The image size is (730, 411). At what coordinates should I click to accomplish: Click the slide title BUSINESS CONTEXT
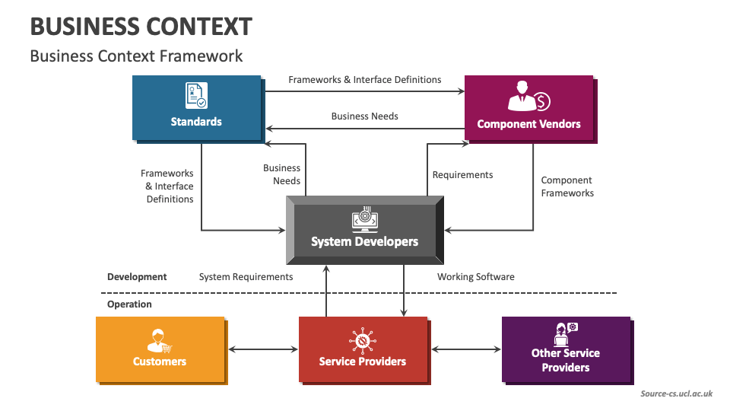point(141,27)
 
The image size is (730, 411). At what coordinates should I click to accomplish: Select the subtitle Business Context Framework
point(136,56)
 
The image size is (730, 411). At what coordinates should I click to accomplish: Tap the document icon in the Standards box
point(196,96)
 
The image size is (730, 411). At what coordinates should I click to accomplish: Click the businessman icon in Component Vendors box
point(528,97)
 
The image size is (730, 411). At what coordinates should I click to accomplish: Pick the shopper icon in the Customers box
point(160,339)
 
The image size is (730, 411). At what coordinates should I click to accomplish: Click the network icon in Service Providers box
point(362,339)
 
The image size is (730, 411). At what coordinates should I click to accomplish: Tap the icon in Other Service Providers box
point(566,333)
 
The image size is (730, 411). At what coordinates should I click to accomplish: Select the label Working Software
point(475,277)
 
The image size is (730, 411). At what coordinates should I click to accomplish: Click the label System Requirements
point(246,277)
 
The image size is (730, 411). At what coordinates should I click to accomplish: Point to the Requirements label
point(462,175)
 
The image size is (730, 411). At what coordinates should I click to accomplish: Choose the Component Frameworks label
point(567,186)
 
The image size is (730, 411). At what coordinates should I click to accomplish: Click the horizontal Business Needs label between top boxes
point(364,116)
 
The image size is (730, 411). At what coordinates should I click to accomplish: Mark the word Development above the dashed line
point(137,277)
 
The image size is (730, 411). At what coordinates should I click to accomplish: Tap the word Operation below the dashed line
point(129,304)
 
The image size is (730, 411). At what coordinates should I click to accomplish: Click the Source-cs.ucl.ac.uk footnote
point(676,393)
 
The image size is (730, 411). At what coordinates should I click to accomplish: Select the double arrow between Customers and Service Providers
point(263,349)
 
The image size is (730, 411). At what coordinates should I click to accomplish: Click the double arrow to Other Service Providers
point(466,349)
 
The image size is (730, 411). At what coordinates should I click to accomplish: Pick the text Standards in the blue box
point(196,122)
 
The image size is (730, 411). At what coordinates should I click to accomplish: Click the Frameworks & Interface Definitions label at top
point(364,79)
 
